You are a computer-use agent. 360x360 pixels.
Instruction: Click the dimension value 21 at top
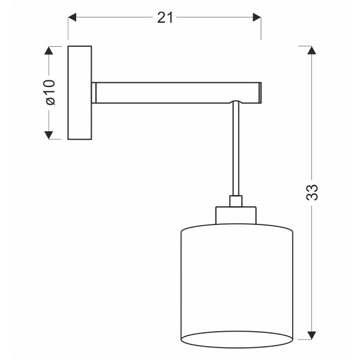[166, 18]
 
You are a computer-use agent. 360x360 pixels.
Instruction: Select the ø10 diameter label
[50, 91]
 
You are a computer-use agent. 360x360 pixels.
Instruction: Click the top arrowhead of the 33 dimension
[311, 50]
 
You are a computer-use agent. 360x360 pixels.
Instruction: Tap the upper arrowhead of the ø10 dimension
[50, 50]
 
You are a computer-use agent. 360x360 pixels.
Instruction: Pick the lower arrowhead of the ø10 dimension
[50, 134]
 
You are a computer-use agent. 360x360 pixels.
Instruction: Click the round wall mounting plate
[80, 93]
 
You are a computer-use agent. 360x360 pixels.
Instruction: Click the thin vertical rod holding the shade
[236, 150]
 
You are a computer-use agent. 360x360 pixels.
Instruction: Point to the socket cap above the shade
[236, 215]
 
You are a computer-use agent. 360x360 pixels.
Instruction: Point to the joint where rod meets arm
[236, 103]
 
